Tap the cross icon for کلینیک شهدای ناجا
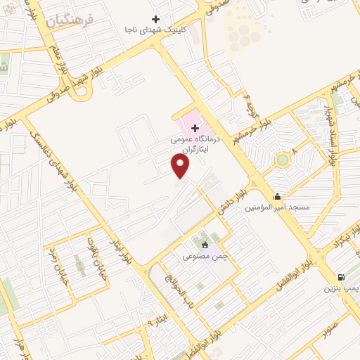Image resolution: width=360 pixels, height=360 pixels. (156, 19)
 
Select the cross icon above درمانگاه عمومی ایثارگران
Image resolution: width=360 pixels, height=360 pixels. (195, 127)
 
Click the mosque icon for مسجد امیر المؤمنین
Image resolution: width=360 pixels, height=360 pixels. (278, 197)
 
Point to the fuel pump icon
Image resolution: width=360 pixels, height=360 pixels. (341, 277)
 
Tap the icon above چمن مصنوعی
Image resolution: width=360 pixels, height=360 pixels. (205, 245)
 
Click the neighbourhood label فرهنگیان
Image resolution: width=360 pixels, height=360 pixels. (70, 20)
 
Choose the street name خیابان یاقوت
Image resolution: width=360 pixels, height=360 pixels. (91, 255)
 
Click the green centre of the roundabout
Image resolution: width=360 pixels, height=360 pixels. (283, 160)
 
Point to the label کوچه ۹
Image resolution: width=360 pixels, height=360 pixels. (250, 105)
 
